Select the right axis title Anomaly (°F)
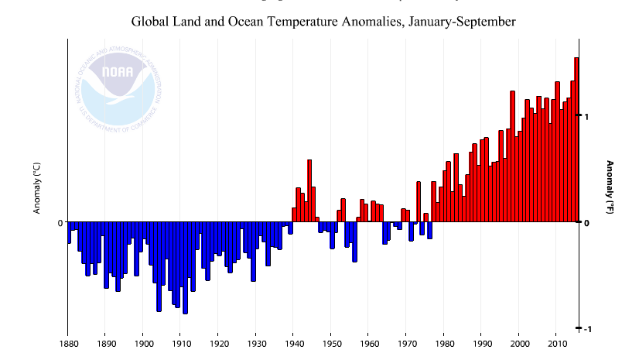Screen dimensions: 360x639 tap(609, 187)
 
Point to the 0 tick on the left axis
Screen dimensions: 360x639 tap(60, 223)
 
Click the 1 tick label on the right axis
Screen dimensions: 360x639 tap(586, 116)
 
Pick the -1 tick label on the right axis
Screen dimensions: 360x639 tap(586, 329)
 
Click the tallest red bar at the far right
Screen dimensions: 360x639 tap(576, 139)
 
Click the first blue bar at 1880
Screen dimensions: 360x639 tap(69, 233)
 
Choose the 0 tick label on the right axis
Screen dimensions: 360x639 tap(586, 223)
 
